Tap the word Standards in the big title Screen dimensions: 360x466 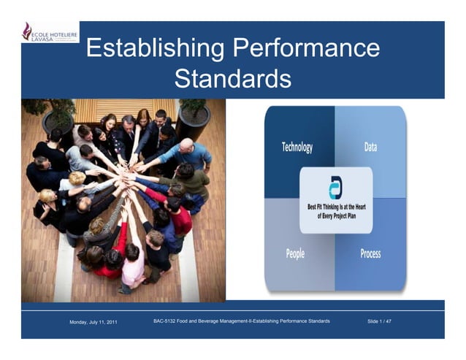point(233,78)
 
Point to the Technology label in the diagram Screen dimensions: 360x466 point(297,147)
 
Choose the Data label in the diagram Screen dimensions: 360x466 point(370,147)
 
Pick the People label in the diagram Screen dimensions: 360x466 point(296,253)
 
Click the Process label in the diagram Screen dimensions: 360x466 point(370,253)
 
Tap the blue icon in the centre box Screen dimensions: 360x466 point(335,187)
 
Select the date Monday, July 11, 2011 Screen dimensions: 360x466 point(93,321)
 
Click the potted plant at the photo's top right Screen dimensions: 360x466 point(193,117)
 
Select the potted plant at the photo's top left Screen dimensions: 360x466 point(56,117)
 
